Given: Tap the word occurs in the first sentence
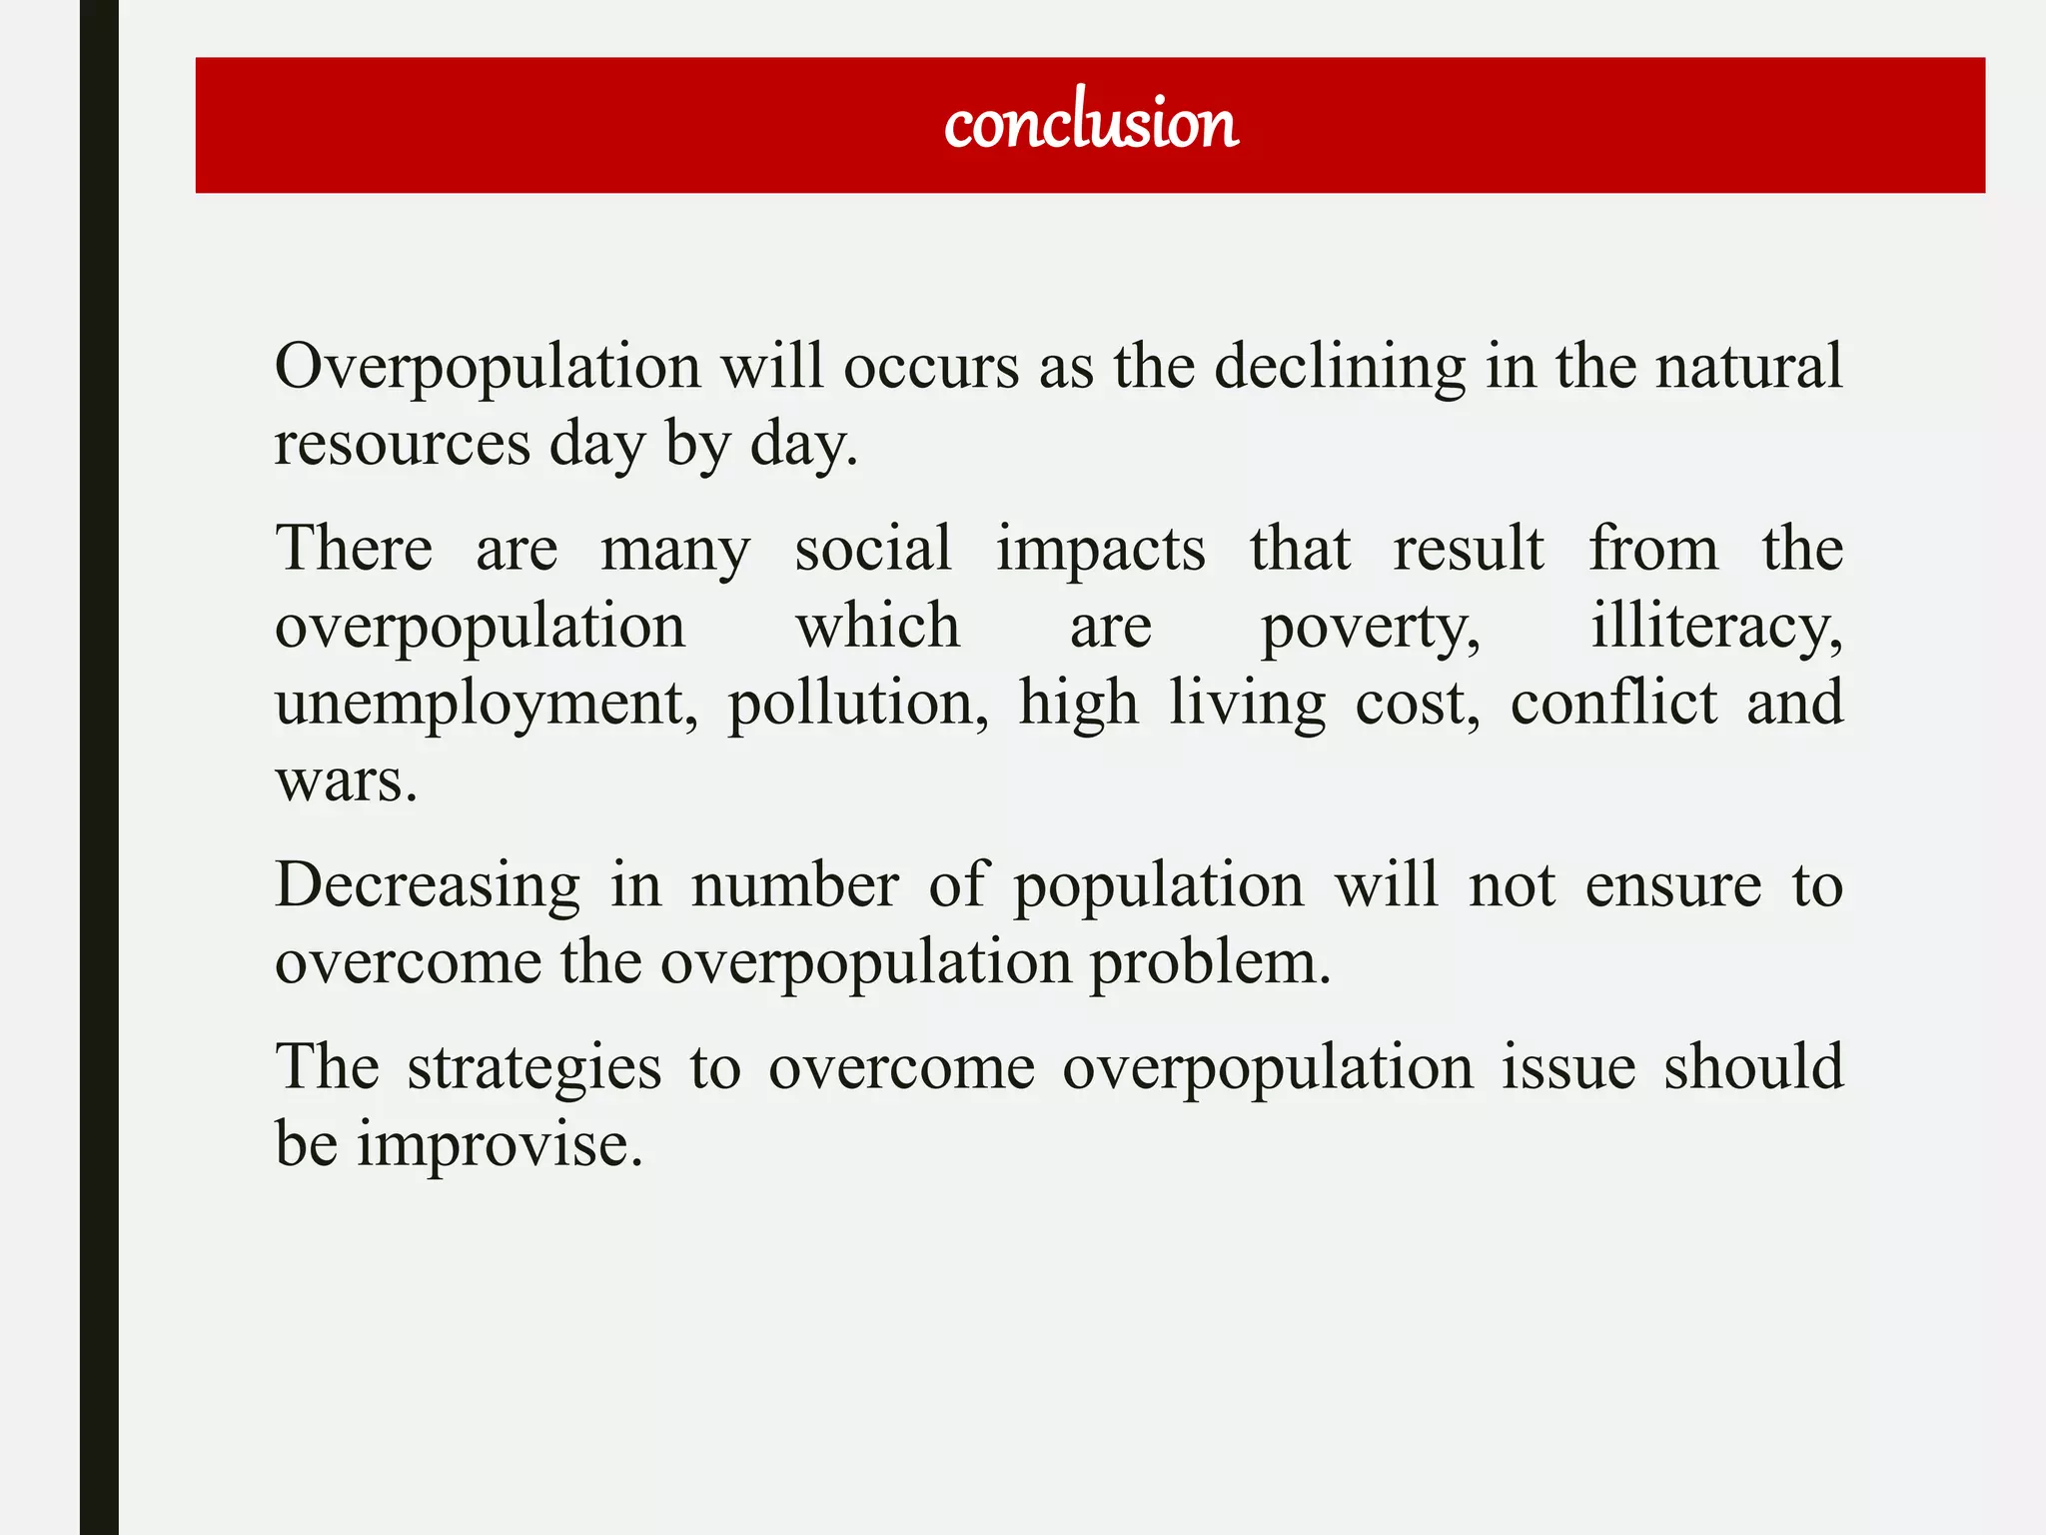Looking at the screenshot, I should coord(931,366).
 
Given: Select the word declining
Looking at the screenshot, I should coord(1340,366).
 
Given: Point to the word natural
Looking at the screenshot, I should coord(1748,366).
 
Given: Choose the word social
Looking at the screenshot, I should coord(873,549).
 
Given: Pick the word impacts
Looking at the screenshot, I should coord(1100,549).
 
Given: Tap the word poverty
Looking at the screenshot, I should coord(1370,627).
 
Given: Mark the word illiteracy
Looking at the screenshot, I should coord(1715,627).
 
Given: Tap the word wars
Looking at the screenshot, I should coord(346,780).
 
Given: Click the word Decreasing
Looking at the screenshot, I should coord(428,885).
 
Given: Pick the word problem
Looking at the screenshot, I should coord(1210,962).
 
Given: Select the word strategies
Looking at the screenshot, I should coord(534,1067).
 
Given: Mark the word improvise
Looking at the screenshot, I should coord(500,1144).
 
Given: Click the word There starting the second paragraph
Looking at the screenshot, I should coord(354,549).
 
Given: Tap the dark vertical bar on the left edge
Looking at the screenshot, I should coord(99,767).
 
